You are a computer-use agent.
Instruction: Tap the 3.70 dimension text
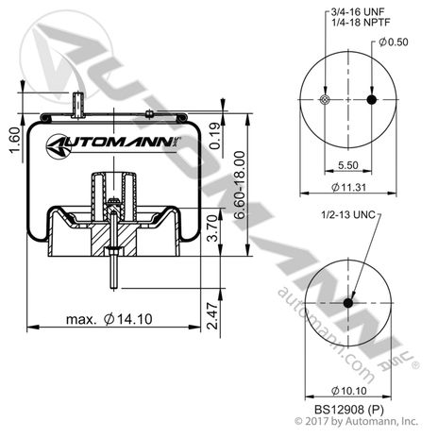pyautogui.click(x=215, y=227)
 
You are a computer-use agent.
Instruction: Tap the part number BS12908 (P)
pyautogui.click(x=347, y=411)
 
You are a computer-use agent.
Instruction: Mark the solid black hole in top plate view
pyautogui.click(x=371, y=101)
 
